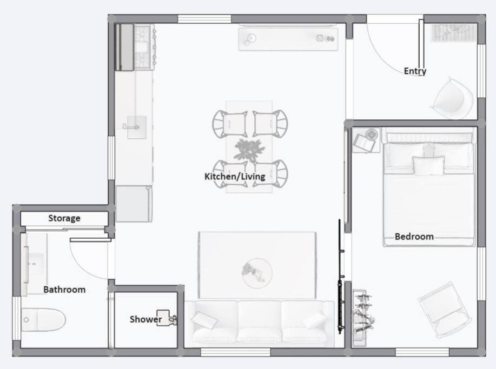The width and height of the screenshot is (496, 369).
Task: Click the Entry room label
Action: [x=415, y=71]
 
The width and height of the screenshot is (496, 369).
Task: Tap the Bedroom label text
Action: [x=414, y=237]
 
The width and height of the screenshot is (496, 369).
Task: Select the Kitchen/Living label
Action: [x=235, y=177]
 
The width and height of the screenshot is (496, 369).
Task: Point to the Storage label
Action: [x=64, y=218]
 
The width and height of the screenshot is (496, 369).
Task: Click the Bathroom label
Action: [x=64, y=290]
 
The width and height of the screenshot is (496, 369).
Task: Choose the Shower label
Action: [x=146, y=319]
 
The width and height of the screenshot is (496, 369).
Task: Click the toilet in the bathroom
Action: [x=43, y=320]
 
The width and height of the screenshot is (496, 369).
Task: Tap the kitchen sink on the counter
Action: [x=136, y=127]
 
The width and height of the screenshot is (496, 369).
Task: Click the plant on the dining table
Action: [x=249, y=150]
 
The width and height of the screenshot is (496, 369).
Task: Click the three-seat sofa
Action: [x=260, y=324]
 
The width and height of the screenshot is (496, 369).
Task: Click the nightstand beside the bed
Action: [x=366, y=140]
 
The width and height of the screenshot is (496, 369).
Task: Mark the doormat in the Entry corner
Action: [x=454, y=32]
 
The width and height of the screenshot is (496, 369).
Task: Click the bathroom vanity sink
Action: [x=34, y=264]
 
